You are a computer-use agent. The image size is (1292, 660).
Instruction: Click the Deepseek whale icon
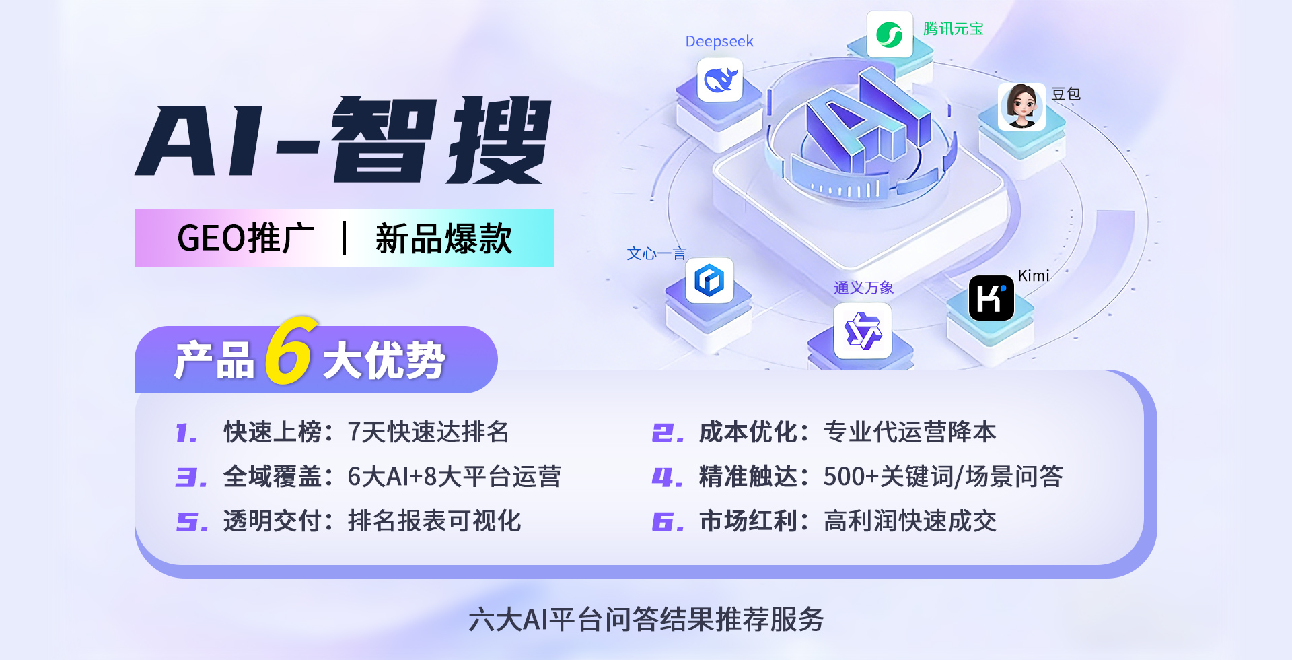point(720,80)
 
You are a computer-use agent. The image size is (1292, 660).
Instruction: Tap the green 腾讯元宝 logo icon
point(890,34)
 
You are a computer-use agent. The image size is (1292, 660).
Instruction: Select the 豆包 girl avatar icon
point(1021,106)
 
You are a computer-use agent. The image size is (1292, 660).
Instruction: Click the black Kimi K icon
point(991,298)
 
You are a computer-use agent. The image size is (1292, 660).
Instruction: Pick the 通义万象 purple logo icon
point(863,331)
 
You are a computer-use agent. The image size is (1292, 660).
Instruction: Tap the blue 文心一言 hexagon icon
point(709,280)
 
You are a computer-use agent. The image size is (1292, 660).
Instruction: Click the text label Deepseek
point(719,42)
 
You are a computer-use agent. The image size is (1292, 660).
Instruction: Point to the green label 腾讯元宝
point(953,29)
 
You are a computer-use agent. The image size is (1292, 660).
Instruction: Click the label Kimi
point(1033,275)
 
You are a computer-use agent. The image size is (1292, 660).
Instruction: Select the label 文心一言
point(656,254)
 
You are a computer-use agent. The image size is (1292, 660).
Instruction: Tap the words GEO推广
point(245,238)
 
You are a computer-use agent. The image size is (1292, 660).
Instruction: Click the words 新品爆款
point(443,238)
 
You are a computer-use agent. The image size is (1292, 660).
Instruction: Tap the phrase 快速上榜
point(272,432)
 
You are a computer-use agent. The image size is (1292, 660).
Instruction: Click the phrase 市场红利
point(748,521)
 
